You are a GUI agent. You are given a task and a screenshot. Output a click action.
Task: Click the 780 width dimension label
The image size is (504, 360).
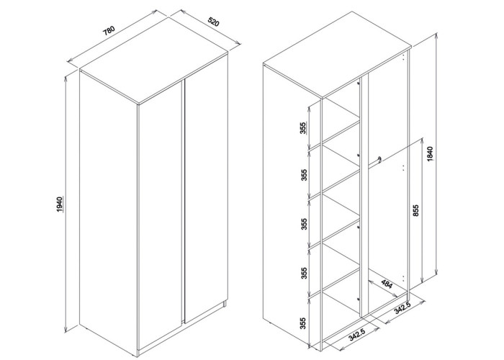coord(109,31)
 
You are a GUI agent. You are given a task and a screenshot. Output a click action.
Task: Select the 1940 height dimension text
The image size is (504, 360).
coord(59,204)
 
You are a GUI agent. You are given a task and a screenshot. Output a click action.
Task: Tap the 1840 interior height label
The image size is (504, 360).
coord(431,153)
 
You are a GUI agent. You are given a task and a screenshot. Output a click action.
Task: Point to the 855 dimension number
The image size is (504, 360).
coord(415,210)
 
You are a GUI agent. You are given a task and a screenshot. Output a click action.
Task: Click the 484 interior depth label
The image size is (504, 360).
coord(387,284)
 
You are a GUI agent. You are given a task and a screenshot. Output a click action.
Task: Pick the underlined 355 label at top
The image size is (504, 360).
coord(304,128)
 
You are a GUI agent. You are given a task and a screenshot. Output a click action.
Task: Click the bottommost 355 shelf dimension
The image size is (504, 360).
coord(303,323)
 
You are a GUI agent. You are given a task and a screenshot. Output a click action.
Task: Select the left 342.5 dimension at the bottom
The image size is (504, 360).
coord(357,336)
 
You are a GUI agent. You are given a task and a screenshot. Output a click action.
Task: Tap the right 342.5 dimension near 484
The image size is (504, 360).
coord(402,309)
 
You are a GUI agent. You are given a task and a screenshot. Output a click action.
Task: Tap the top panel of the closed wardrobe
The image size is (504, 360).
coord(154,61)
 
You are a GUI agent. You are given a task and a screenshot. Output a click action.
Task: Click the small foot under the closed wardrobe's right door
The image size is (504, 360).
coord(225,304)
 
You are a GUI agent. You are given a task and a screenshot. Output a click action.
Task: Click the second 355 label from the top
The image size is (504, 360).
coord(304,174)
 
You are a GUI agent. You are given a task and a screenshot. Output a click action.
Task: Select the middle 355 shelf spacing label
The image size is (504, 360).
coord(304,224)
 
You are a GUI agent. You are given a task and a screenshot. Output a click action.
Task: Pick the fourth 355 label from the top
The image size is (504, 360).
coord(304,273)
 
